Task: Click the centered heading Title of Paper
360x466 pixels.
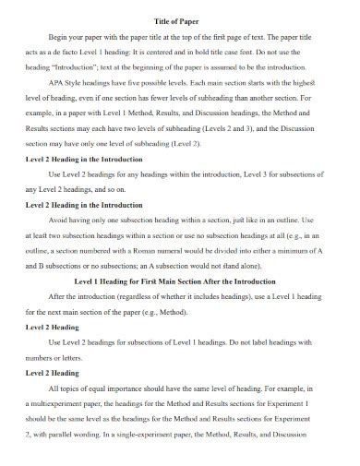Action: tap(179, 20)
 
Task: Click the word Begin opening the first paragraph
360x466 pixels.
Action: tap(76, 37)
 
